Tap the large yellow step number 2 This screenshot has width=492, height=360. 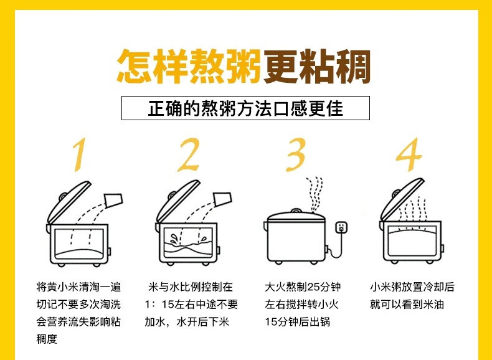[x=189, y=154]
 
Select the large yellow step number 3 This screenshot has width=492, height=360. [x=296, y=154]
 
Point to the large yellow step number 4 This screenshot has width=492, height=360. [x=409, y=154]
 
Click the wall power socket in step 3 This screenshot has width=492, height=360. [x=341, y=227]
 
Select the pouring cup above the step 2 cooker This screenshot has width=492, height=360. [x=222, y=199]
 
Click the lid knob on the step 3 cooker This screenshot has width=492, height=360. [x=296, y=211]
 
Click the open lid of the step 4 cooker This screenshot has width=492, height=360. [x=401, y=199]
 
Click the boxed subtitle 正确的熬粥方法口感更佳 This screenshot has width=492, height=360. [x=245, y=108]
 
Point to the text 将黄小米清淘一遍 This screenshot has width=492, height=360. [x=78, y=287]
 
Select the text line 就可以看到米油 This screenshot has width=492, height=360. [x=407, y=305]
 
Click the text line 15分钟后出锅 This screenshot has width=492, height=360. [x=297, y=322]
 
